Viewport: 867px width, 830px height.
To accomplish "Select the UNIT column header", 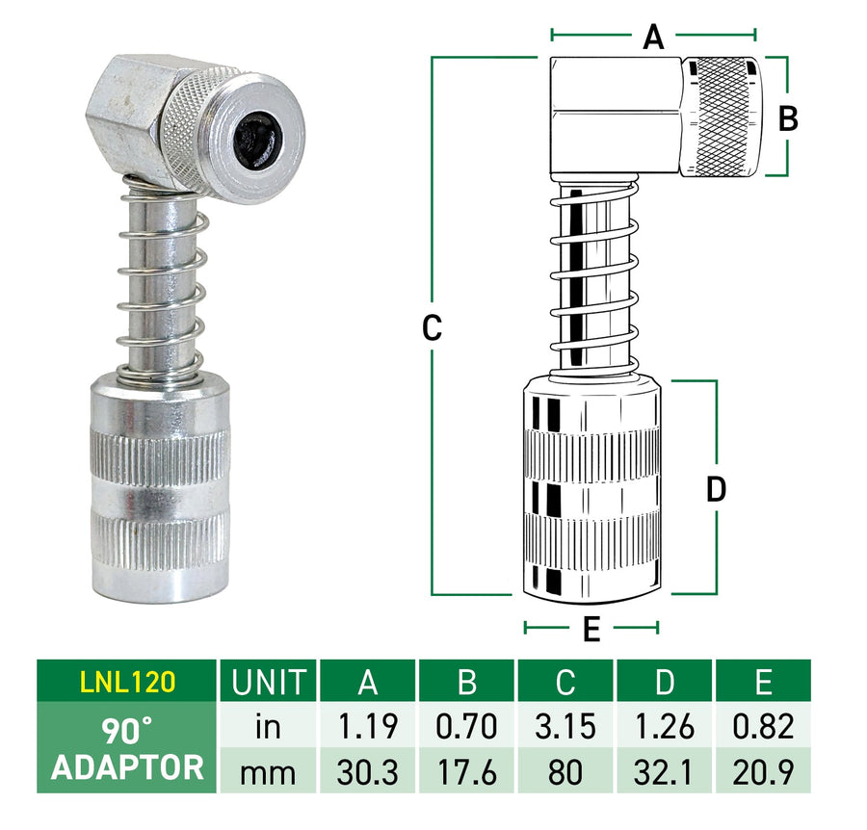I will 268,681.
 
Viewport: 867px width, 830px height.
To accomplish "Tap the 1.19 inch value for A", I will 367,726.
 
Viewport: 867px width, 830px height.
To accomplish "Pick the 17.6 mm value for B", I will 466,768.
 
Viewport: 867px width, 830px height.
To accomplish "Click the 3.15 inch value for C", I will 565,726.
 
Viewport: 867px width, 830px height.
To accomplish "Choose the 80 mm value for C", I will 565,768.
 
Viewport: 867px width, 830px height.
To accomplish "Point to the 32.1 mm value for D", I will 665,768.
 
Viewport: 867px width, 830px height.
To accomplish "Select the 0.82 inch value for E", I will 763,726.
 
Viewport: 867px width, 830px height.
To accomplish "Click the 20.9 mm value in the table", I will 763,768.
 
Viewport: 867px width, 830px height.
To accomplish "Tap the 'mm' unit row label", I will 268,768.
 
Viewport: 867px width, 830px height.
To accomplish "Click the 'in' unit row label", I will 268,726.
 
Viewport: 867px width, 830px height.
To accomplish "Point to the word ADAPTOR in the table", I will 127,767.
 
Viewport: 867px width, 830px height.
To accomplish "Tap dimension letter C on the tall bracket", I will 433,328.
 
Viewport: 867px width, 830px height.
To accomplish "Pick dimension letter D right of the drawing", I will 716,489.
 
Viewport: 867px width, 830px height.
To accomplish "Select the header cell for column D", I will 665,681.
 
